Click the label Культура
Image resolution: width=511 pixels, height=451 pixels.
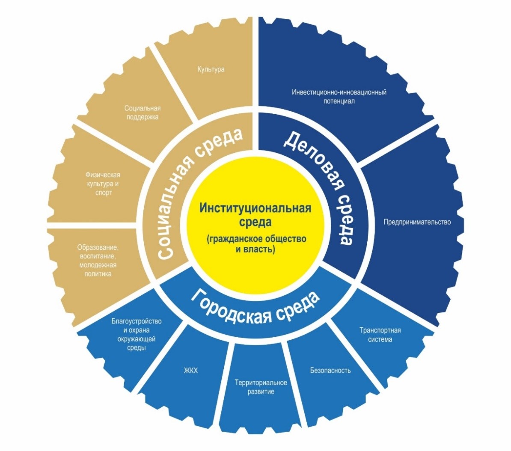click(211, 69)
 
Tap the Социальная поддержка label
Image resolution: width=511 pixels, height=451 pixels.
click(143, 113)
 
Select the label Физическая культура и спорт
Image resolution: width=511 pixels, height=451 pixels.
click(103, 184)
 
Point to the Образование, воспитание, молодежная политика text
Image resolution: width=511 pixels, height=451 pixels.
click(98, 260)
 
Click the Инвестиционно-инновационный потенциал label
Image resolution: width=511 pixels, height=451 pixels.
click(339, 96)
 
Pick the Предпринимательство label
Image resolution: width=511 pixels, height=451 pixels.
click(417, 222)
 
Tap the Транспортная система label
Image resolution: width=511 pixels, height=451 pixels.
click(380, 335)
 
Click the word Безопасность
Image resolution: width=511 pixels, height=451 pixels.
click(330, 370)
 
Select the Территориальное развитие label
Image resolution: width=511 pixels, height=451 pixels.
click(261, 387)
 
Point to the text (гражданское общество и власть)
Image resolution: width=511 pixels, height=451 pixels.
click(255, 244)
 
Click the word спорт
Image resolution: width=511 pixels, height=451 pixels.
click(103, 193)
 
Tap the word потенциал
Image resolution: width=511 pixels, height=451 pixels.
click(339, 101)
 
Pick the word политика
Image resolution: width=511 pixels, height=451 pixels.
click(98, 273)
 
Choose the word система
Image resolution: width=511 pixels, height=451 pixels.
click(380, 339)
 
